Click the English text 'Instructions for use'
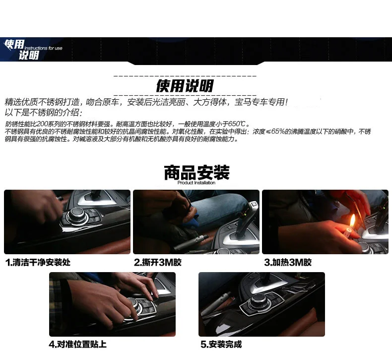(x=43, y=48)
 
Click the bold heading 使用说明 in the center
(x=185, y=86)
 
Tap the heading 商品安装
(x=196, y=172)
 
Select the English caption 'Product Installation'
(x=196, y=183)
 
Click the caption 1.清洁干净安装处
(x=38, y=262)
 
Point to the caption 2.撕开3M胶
(x=157, y=262)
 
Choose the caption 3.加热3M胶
(x=288, y=262)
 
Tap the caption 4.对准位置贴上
(x=78, y=344)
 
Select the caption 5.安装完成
(x=221, y=344)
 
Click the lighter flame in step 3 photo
(x=352, y=221)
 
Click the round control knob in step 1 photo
(x=77, y=215)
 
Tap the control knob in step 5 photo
(x=260, y=300)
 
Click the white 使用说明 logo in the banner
(x=22, y=50)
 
